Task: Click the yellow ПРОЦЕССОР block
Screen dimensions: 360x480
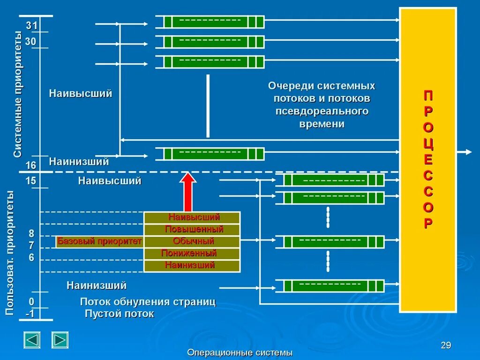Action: [427, 159]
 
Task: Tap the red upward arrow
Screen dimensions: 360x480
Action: [188, 192]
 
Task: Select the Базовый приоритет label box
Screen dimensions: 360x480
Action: [99, 242]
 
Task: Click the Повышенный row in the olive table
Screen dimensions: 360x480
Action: [192, 230]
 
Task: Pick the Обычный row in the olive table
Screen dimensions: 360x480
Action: [192, 242]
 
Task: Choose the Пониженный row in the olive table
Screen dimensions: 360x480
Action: [192, 254]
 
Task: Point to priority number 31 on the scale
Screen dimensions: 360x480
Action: [31, 25]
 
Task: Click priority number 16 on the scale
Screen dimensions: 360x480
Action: [31, 165]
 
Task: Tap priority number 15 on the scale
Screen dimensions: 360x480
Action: [31, 181]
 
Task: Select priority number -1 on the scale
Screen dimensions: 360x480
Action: [30, 314]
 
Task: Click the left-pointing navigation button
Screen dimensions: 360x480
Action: [32, 340]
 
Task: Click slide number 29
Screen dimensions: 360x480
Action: [446, 345]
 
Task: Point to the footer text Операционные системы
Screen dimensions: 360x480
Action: [240, 352]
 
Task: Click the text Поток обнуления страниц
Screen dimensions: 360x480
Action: [148, 302]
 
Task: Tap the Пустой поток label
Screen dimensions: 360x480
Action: [119, 314]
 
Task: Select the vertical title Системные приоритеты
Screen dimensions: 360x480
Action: [17, 94]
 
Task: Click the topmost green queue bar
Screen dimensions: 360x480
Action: [210, 22]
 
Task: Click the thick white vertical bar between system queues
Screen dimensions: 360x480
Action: [208, 106]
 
